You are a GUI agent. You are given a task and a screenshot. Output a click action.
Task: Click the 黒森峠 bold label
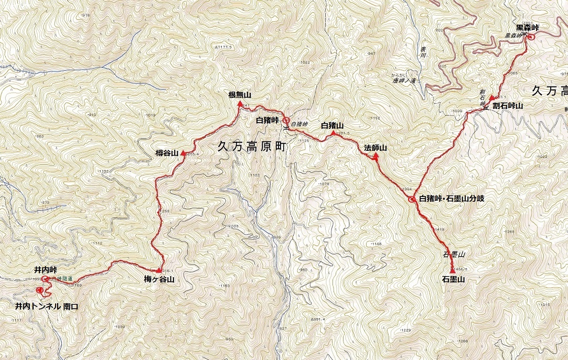click(x=528, y=27)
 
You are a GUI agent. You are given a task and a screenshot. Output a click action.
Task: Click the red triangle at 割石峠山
click(x=491, y=98)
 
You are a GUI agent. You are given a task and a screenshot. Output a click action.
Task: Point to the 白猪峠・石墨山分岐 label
click(x=452, y=199)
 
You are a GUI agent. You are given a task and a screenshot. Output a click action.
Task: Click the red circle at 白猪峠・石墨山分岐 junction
click(x=412, y=199)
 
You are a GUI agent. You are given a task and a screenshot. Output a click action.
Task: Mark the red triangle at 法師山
click(x=376, y=156)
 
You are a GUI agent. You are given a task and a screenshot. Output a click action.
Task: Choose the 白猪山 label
click(x=331, y=125)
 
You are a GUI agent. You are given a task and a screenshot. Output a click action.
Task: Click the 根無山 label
click(x=240, y=95)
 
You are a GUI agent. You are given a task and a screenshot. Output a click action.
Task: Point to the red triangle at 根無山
click(x=240, y=104)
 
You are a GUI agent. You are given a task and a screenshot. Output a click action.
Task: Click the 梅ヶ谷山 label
click(x=159, y=279)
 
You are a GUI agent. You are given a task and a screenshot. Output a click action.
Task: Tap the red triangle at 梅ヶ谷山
click(x=159, y=270)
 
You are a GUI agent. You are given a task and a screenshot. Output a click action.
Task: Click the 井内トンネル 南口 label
click(x=46, y=306)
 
